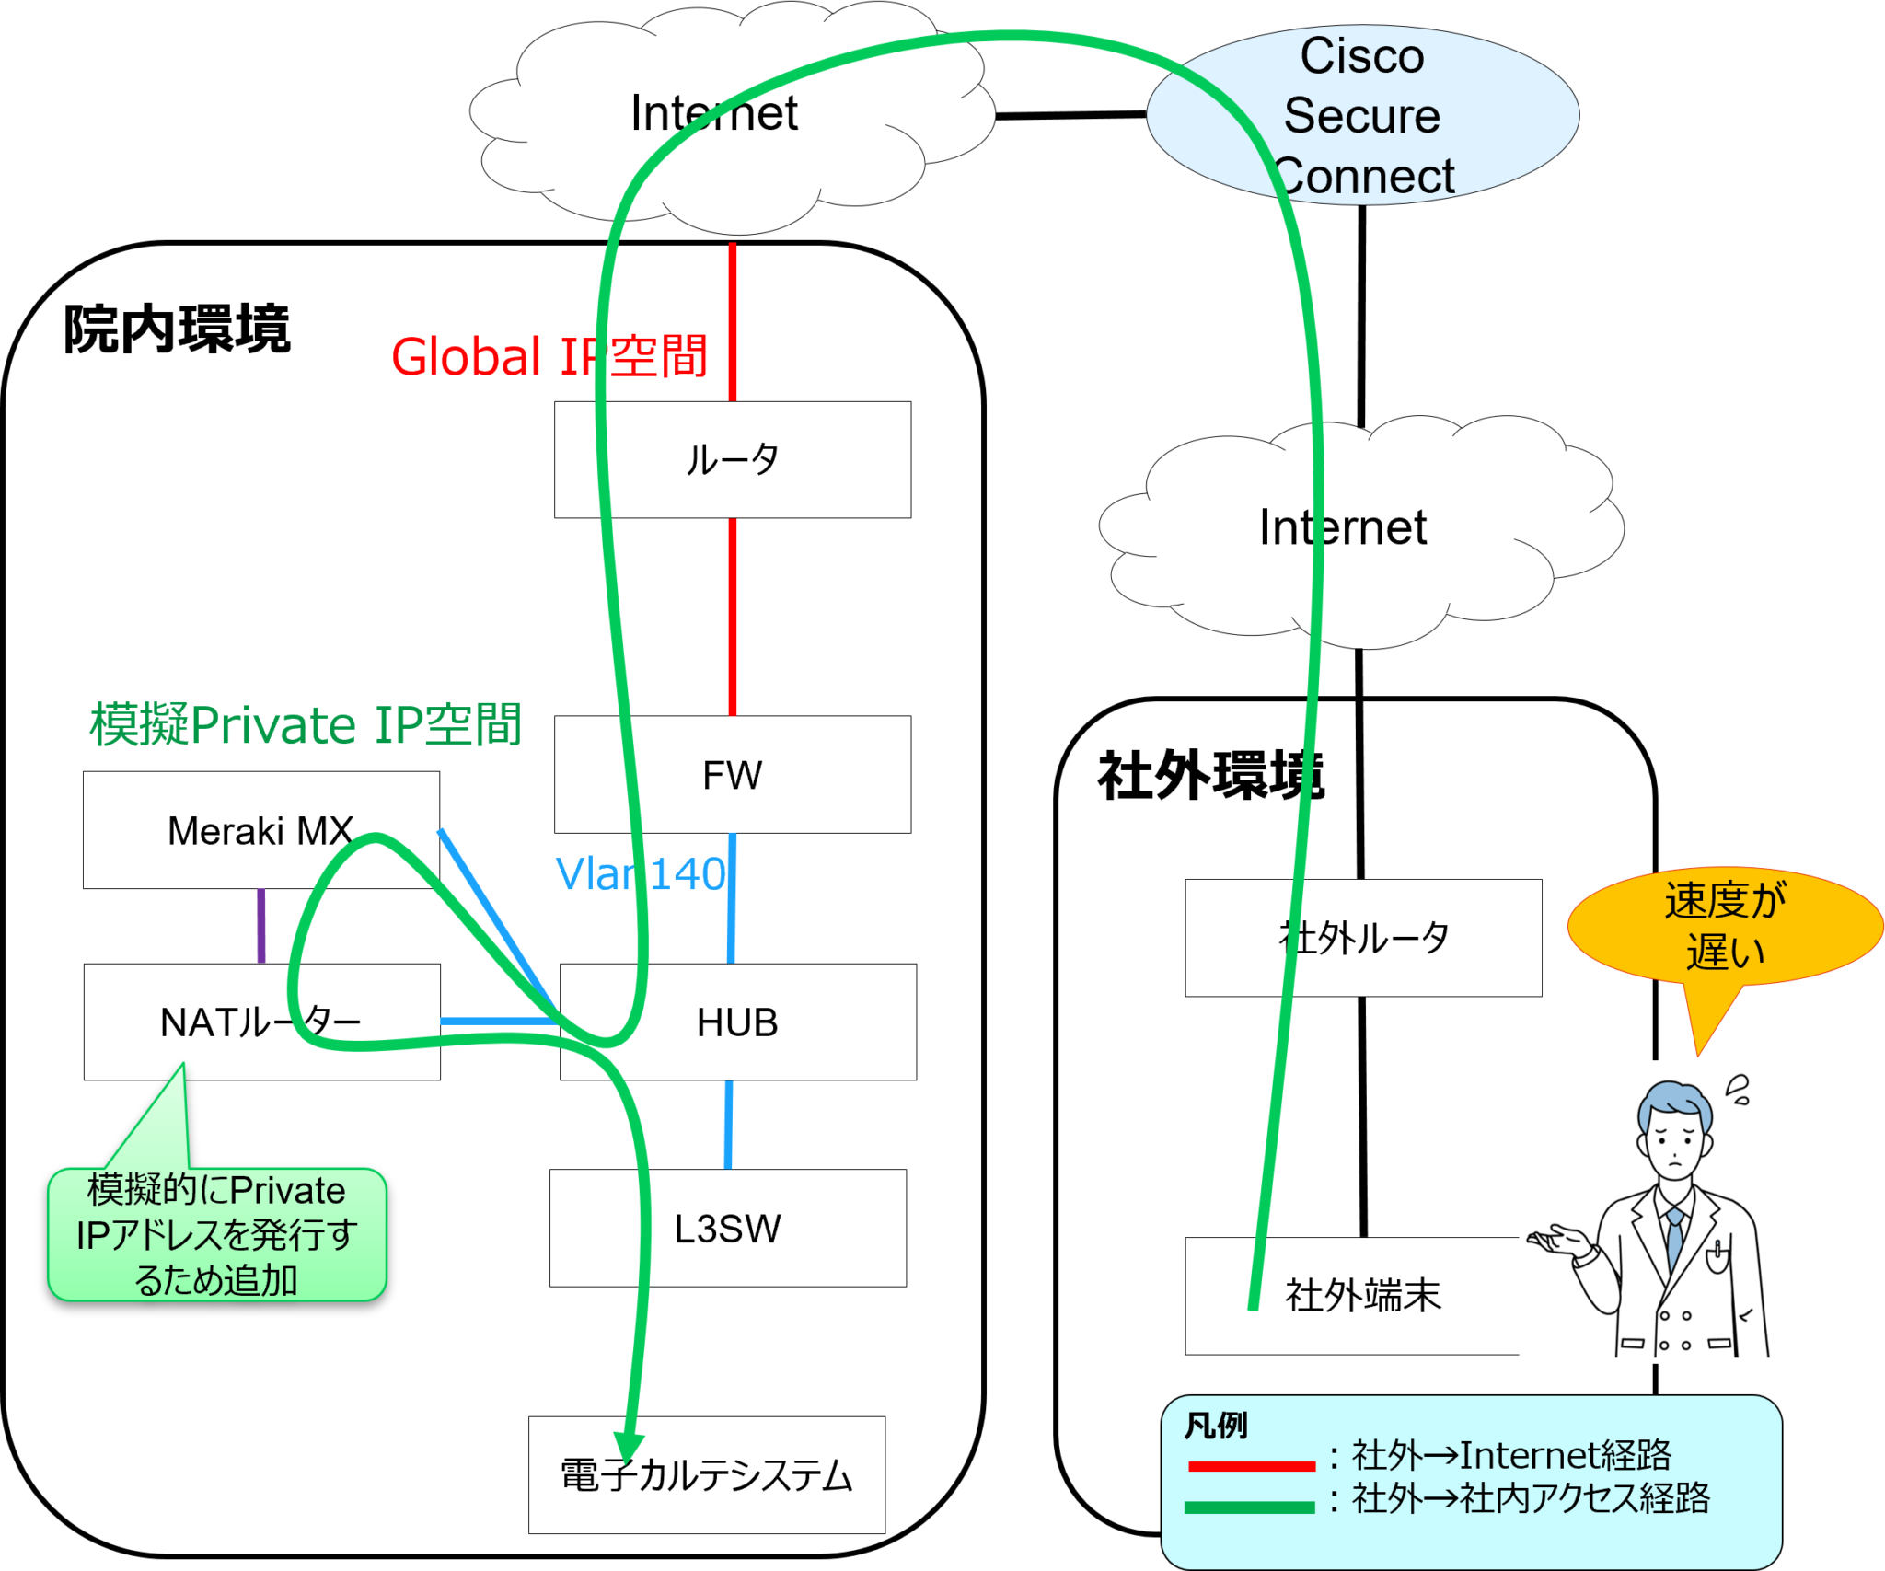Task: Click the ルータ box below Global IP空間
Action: (x=732, y=459)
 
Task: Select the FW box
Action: (x=732, y=774)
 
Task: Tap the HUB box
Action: (x=737, y=1022)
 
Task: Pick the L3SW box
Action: (x=727, y=1228)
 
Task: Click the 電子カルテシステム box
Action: (x=706, y=1474)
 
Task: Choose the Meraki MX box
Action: (x=260, y=829)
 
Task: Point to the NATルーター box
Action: (x=261, y=1022)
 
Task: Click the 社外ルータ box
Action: (x=1363, y=937)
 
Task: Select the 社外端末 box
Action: (x=1362, y=1295)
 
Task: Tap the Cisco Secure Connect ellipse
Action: (x=1362, y=115)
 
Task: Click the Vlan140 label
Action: (x=641, y=873)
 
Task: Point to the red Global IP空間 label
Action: (x=549, y=357)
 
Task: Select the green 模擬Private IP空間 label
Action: (x=306, y=724)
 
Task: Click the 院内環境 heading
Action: (x=177, y=329)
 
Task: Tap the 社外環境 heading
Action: (x=1210, y=776)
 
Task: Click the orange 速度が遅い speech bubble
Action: (x=1724, y=926)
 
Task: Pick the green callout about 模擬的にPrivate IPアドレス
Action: (x=216, y=1234)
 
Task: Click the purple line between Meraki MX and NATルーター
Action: (x=261, y=926)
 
